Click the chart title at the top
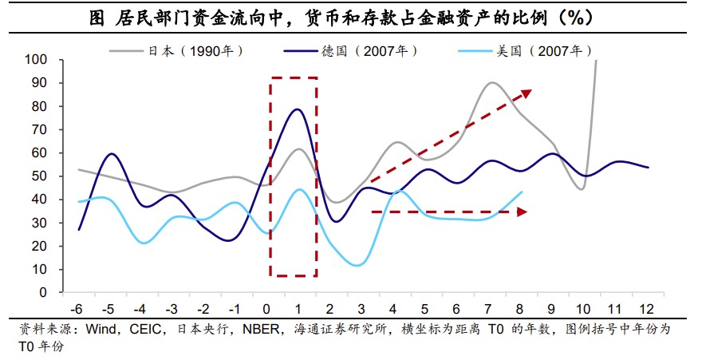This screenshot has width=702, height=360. (350, 18)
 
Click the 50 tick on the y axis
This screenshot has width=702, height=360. (40, 176)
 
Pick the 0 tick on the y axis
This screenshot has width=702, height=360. (43, 293)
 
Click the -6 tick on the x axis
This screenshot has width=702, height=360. (77, 309)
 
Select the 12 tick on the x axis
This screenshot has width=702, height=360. (648, 309)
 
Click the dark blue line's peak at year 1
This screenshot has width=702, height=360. (298, 109)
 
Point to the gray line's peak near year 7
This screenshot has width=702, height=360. (492, 82)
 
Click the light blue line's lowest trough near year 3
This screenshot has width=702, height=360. (359, 265)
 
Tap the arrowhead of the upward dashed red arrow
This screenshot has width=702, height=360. (526, 93)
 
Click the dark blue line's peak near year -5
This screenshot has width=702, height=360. (112, 154)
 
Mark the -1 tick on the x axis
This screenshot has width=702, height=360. (235, 309)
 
